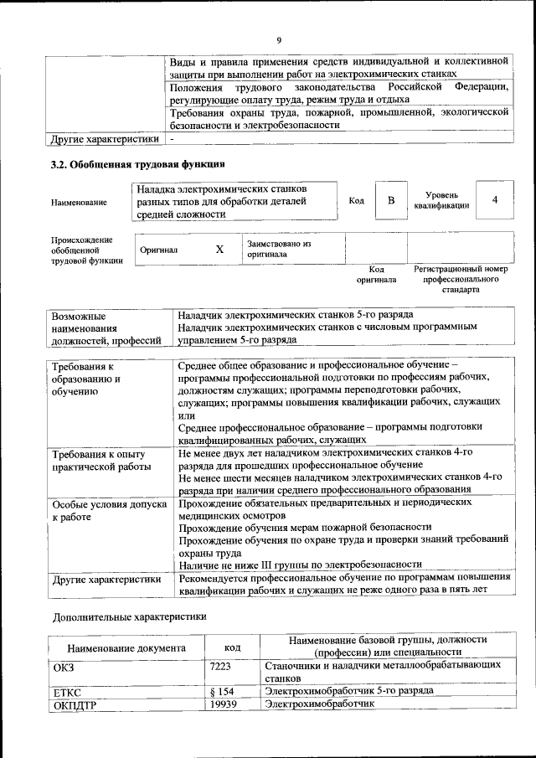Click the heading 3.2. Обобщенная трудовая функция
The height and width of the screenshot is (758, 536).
click(138, 164)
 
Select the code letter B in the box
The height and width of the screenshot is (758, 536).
click(390, 201)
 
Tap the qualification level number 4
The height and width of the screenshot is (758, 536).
click(495, 200)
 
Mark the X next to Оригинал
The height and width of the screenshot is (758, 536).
click(219, 250)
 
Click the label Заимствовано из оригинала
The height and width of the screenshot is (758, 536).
click(279, 249)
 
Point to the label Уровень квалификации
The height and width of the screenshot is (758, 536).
click(441, 200)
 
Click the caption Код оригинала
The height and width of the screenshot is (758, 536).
click(376, 275)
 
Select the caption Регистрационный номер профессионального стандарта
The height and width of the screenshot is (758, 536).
click(461, 280)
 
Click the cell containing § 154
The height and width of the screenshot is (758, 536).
click(220, 691)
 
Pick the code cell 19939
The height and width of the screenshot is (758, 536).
click(224, 704)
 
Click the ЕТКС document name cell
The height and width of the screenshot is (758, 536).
click(66, 692)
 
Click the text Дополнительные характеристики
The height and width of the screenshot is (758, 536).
click(128, 616)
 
